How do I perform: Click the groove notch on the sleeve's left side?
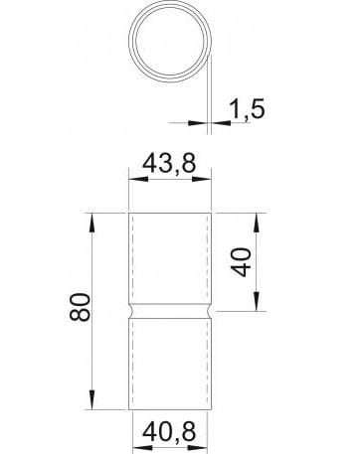tap(132, 310)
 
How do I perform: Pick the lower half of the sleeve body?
tap(170, 363)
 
